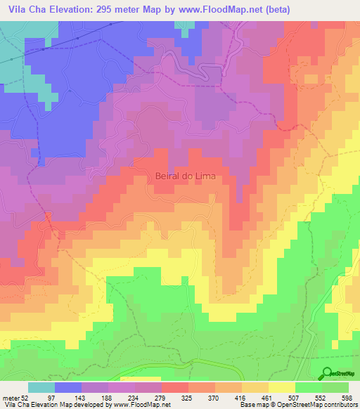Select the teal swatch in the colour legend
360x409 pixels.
[41, 387]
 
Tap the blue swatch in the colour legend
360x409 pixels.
[68, 387]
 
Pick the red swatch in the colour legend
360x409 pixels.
[175, 387]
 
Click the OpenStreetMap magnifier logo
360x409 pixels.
[326, 373]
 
